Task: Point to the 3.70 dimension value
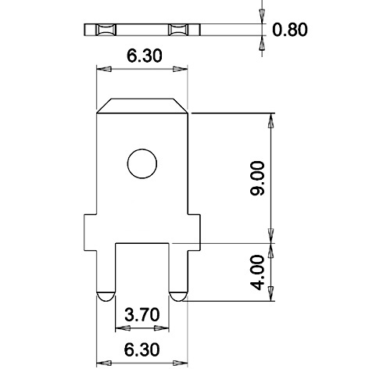(142, 314)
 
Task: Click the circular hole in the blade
(142, 163)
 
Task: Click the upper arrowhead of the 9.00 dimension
(270, 119)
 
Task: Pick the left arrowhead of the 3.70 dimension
(119, 328)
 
